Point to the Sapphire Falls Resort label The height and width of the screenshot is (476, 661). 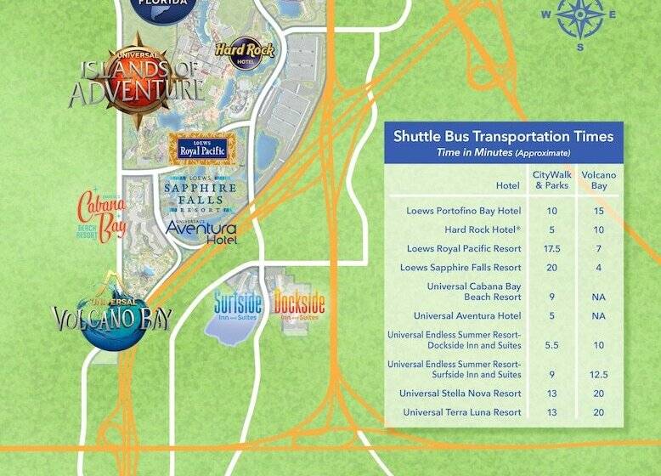pyautogui.click(x=200, y=195)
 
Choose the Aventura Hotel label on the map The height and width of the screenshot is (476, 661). pyautogui.click(x=201, y=231)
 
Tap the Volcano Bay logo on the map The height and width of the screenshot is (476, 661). pyautogui.click(x=112, y=315)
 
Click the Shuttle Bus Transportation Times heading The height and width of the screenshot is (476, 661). pyautogui.click(x=503, y=136)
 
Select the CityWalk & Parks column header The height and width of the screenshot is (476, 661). pyautogui.click(x=550, y=180)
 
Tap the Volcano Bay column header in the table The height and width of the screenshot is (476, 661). pyautogui.click(x=598, y=180)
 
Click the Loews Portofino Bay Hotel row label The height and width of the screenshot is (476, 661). pyautogui.click(x=464, y=210)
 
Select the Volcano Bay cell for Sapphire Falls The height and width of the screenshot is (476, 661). pyautogui.click(x=598, y=269)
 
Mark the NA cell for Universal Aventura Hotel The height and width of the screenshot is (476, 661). pyautogui.click(x=598, y=316)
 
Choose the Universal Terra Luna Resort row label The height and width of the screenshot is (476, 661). pyautogui.click(x=462, y=412)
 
